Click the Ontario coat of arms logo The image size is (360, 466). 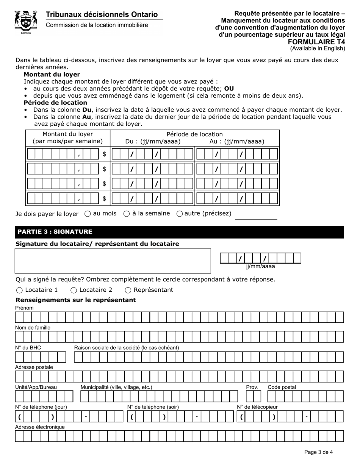point(26,22)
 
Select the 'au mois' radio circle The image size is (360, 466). point(88,214)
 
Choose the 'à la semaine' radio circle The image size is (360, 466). point(127,214)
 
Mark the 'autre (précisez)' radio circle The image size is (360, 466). point(180,214)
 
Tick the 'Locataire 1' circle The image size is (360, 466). point(20,290)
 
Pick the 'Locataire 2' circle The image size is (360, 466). point(74,290)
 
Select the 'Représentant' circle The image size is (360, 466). point(128,290)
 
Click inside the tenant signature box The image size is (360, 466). point(113,261)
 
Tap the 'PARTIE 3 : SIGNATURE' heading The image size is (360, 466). point(55,232)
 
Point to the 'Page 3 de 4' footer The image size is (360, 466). point(318,452)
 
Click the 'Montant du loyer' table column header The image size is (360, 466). point(67,138)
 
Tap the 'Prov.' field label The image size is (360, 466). point(252,387)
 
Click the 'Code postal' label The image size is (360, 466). point(282,387)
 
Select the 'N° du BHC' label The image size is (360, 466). point(28,347)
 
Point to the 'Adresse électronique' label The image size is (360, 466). point(40,427)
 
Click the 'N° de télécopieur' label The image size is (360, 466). point(257,407)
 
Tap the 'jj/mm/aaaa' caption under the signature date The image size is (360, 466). point(260,266)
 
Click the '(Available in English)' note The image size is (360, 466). point(318,48)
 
